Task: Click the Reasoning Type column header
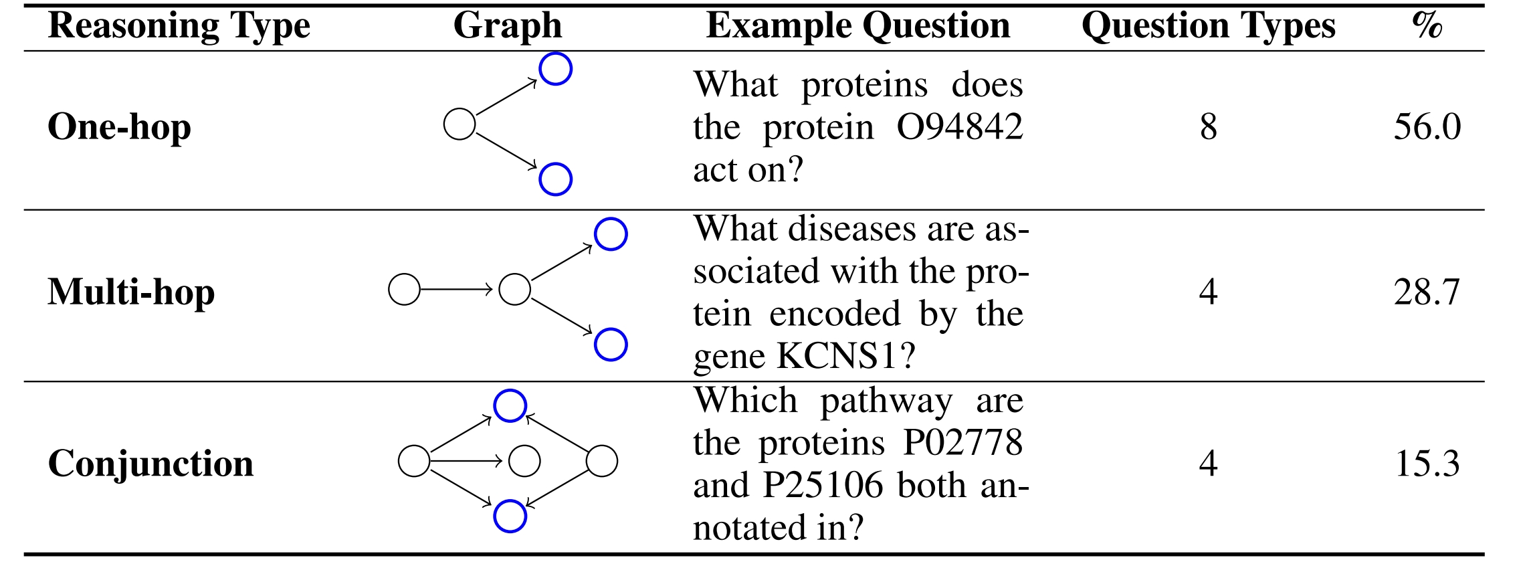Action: [179, 27]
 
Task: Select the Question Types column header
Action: [1208, 27]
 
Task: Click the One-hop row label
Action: [119, 126]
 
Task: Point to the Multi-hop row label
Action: [131, 292]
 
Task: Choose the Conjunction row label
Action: [150, 463]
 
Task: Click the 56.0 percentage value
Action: [1427, 126]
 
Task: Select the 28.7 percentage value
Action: [1427, 292]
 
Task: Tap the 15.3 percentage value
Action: [1427, 463]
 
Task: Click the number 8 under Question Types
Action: [1208, 126]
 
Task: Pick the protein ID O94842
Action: [960, 126]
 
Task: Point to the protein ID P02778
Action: [963, 442]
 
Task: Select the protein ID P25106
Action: [823, 485]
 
